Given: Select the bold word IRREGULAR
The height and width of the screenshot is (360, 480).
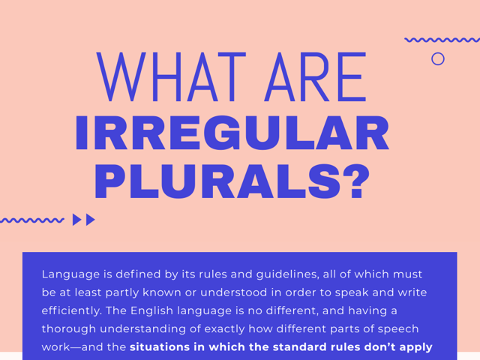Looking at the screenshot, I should point(232,134).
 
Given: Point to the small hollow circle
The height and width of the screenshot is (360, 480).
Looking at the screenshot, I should point(438,58).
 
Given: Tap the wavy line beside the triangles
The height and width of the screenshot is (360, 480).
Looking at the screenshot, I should point(31,220).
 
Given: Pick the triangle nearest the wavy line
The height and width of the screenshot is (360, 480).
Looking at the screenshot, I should point(76,220).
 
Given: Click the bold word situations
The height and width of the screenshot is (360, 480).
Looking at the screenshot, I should point(163,346).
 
